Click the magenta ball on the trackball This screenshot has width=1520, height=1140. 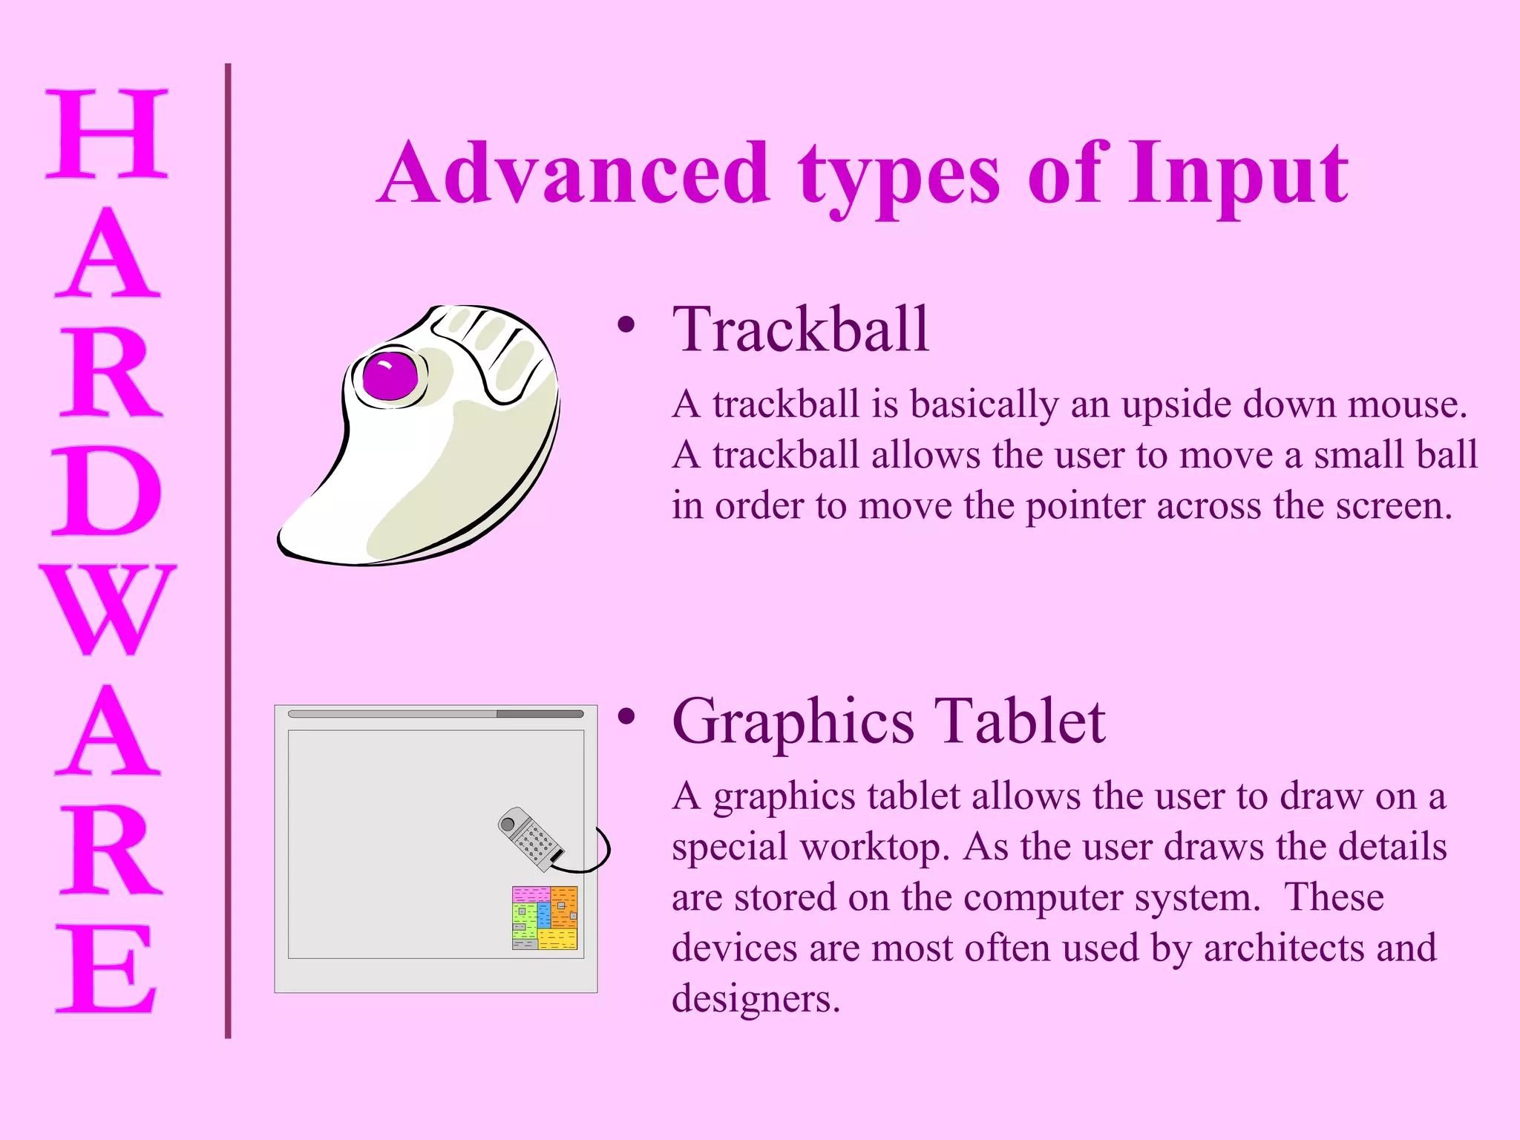pyautogui.click(x=390, y=376)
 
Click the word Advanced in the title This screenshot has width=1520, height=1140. pyautogui.click(x=576, y=174)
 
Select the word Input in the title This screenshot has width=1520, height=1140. pyautogui.click(x=1238, y=174)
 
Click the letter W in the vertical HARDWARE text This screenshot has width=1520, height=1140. pyautogui.click(x=108, y=609)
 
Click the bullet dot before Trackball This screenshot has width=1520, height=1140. pyautogui.click(x=626, y=324)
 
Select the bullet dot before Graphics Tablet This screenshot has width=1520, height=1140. pyautogui.click(x=626, y=716)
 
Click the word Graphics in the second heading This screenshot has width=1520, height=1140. pyautogui.click(x=793, y=721)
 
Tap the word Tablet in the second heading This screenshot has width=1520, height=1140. pyautogui.click(x=1020, y=721)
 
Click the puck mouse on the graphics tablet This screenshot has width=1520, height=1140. pyautogui.click(x=530, y=839)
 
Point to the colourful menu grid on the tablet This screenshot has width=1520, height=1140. pyautogui.click(x=544, y=917)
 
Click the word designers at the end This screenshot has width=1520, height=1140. pyautogui.click(x=756, y=999)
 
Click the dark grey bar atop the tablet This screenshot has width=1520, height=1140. pyautogui.click(x=540, y=714)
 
